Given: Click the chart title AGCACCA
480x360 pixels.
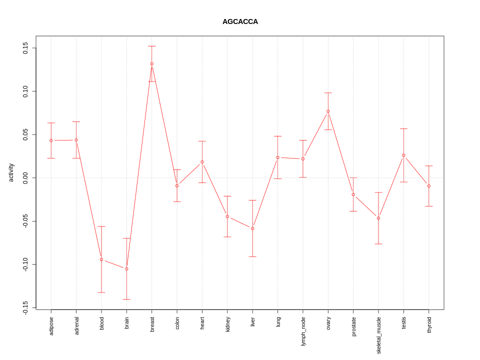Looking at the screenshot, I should click(240, 22).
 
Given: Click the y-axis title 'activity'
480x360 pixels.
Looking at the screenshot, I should click(11, 172).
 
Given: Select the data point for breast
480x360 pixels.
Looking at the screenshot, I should click(152, 64).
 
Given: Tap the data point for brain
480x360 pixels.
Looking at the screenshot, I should click(126, 269).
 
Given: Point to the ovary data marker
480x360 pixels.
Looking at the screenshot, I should click(328, 111).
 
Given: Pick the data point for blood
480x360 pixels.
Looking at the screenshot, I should click(101, 259).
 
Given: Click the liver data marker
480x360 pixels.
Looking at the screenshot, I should click(252, 228).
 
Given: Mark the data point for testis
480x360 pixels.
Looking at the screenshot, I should click(403, 155).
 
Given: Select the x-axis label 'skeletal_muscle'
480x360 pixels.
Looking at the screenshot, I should click(378, 335).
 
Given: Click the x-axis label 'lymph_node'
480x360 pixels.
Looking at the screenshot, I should click(303, 331).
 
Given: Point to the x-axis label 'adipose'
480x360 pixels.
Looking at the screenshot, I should click(51, 325).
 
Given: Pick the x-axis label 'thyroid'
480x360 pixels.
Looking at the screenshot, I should click(429, 325).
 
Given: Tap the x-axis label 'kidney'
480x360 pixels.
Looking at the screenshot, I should click(227, 324).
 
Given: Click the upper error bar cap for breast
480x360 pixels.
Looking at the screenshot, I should click(152, 46).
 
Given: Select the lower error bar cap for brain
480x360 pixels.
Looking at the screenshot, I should click(126, 299).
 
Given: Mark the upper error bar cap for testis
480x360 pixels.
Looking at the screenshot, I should click(403, 129).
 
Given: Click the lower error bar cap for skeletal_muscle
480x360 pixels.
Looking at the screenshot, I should click(378, 244).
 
